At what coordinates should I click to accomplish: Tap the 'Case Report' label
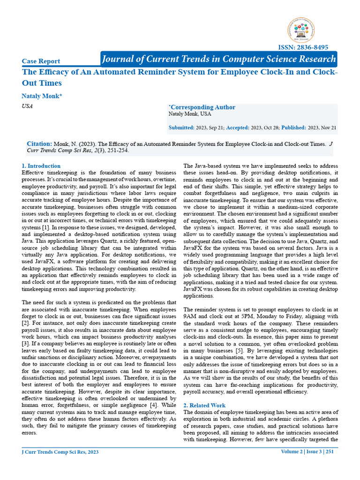tap(41, 61)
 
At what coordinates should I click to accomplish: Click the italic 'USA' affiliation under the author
tap(28, 106)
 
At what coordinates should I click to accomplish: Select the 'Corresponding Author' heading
tap(202, 107)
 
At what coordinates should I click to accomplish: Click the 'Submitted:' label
tap(181, 127)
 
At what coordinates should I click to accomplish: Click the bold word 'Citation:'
tap(39, 144)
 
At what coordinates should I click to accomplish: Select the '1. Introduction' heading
tap(41, 166)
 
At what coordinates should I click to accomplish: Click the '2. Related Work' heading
tap(204, 405)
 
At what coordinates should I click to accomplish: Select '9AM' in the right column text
tap(190, 317)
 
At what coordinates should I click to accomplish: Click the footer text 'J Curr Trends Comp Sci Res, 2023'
tap(60, 452)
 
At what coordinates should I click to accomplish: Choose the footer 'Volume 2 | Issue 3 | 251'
tap(307, 452)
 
